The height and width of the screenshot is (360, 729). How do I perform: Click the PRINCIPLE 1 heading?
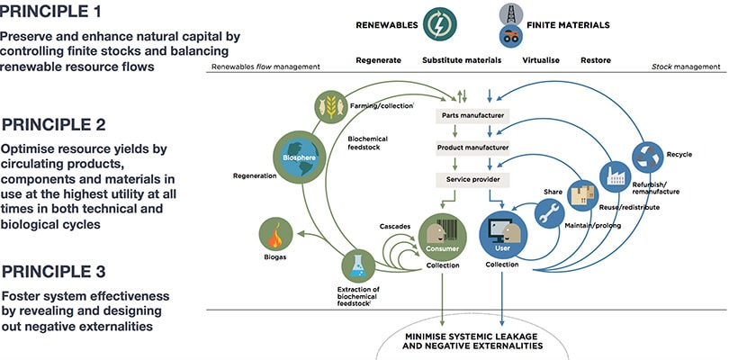tap(63, 13)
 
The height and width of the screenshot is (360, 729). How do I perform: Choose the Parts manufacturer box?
tap(473, 117)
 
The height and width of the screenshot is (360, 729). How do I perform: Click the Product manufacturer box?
tap(473, 148)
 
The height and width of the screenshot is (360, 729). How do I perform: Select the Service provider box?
tap(473, 178)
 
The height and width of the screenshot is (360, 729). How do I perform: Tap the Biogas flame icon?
tap(275, 235)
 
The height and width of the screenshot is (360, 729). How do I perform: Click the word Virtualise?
tap(542, 61)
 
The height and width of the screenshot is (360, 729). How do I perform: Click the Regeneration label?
tap(254, 175)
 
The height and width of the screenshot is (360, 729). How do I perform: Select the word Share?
tap(553, 191)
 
